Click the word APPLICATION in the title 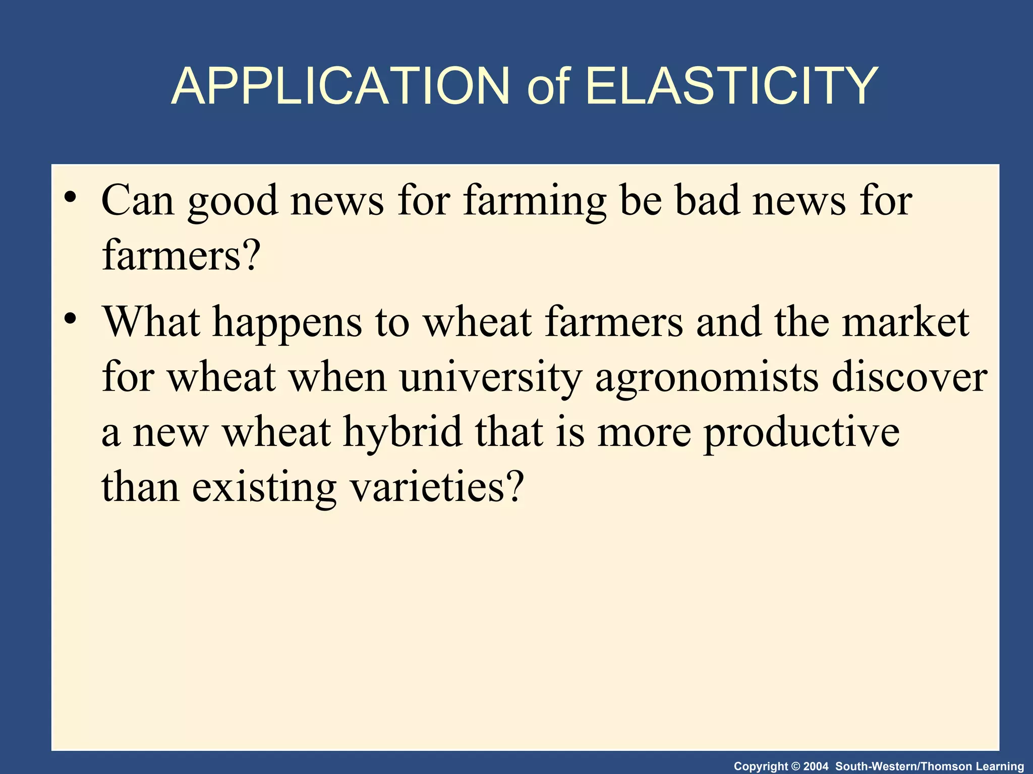click(340, 87)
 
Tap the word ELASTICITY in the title click(731, 87)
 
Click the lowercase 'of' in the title click(548, 87)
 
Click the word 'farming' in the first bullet click(535, 202)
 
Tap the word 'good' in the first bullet click(233, 202)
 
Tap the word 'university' click(491, 378)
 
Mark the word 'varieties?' click(437, 488)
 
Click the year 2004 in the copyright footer click(816, 766)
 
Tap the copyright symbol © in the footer click(795, 766)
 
